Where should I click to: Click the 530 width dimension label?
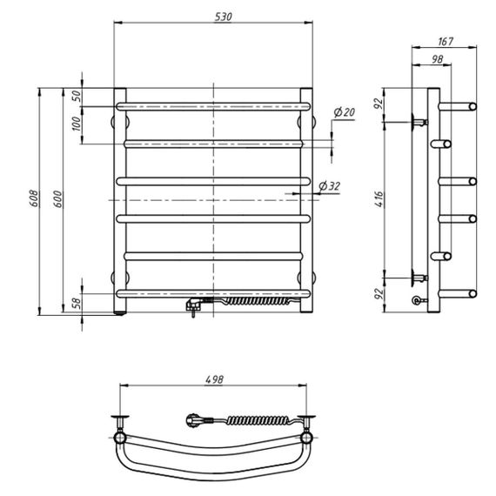(224, 17)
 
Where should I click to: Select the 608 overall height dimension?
(34, 198)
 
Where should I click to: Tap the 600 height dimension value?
(58, 199)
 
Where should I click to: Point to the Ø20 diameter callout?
(345, 112)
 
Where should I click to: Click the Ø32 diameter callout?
(329, 186)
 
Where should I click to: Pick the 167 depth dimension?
(446, 42)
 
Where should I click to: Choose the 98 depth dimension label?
(437, 59)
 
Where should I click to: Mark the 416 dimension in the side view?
(379, 199)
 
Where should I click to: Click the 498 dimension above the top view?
(214, 379)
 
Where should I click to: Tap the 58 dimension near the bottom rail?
(77, 303)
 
